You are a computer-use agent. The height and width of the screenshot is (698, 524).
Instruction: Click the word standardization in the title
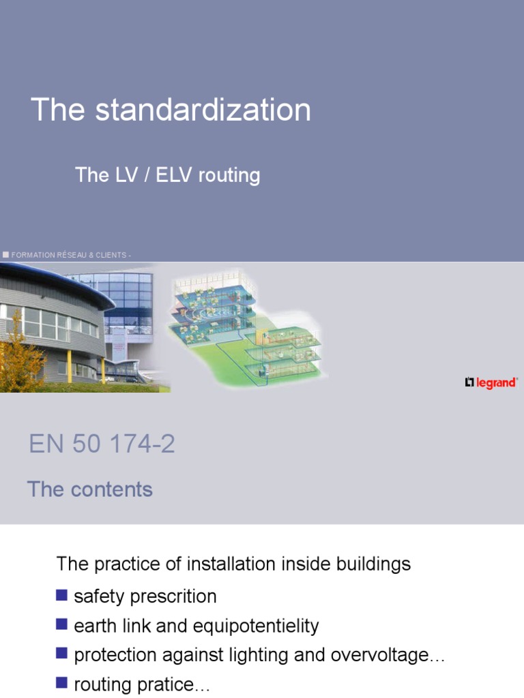[203, 110]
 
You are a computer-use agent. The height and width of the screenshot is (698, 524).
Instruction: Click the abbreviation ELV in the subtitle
[174, 175]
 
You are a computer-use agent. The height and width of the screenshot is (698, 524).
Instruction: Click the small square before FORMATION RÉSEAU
[5, 254]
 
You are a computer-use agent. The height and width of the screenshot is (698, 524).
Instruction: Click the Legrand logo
[491, 383]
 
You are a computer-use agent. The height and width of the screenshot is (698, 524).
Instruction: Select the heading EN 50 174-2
[102, 444]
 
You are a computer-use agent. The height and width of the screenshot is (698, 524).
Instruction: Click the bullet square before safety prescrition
[62, 595]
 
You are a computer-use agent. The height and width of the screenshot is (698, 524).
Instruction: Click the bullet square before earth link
[62, 624]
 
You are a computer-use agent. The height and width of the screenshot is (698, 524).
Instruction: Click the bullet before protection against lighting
[62, 654]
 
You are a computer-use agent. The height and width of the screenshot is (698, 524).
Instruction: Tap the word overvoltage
[378, 656]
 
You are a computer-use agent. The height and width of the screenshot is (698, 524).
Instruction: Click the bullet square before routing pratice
[62, 683]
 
